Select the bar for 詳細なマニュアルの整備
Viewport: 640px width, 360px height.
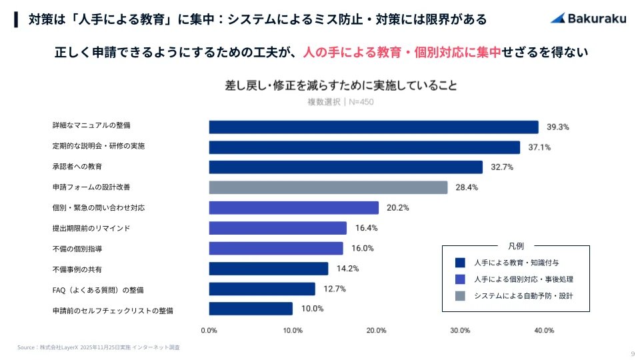tap(373, 127)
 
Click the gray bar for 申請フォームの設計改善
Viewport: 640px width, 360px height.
tap(328, 187)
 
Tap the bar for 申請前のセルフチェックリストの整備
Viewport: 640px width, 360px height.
tap(251, 309)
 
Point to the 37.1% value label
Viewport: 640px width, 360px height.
tap(539, 147)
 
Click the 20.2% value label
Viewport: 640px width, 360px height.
tap(397, 208)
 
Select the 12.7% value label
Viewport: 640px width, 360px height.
tap(334, 289)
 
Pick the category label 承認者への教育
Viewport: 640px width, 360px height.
tap(77, 166)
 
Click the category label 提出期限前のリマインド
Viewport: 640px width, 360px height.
tap(91, 228)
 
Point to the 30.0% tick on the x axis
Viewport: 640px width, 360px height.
tap(460, 330)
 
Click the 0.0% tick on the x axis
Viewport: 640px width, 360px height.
tap(209, 330)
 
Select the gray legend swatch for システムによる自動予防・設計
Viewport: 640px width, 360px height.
tap(459, 296)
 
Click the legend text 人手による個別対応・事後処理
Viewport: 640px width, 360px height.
tap(523, 279)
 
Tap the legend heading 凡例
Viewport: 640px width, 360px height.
tap(516, 245)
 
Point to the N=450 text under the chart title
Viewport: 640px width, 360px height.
tap(360, 102)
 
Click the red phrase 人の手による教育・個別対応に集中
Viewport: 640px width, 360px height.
tap(401, 52)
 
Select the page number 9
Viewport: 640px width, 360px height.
tap(632, 353)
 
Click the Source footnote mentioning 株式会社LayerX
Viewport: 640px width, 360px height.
tap(99, 347)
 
